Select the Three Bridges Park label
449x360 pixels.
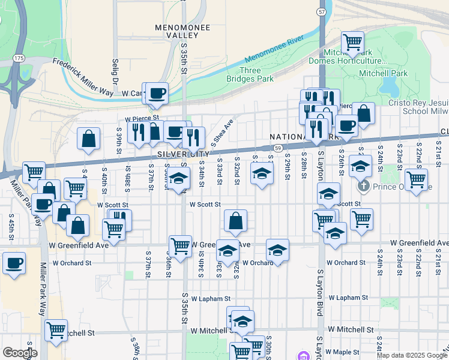[x=249, y=74]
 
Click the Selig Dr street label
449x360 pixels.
[x=114, y=71]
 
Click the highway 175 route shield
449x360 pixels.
[x=19, y=58]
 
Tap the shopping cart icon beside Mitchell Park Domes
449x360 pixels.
[x=352, y=42]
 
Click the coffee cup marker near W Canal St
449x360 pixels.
[x=157, y=93]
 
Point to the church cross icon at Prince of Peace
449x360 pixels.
[x=363, y=187]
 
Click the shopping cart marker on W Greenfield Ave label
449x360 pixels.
[x=180, y=245]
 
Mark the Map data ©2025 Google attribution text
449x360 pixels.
[x=412, y=355]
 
